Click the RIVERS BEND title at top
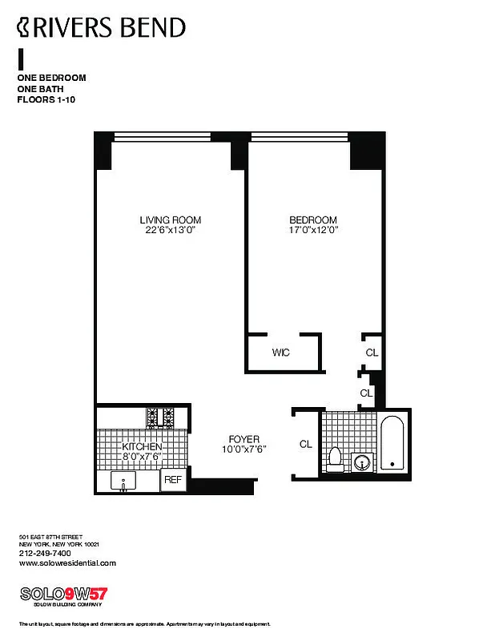(102, 28)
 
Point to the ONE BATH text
(40, 89)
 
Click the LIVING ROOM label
(170, 220)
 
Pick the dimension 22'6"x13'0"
(170, 231)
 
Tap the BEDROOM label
(312, 220)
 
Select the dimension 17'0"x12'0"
(312, 231)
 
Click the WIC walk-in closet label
(280, 353)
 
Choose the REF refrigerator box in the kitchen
(173, 480)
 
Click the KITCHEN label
(142, 446)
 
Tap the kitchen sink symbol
(124, 482)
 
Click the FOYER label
(243, 439)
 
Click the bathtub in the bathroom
(392, 442)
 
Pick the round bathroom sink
(363, 462)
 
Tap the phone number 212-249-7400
(44, 553)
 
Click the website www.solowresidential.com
(66, 563)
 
